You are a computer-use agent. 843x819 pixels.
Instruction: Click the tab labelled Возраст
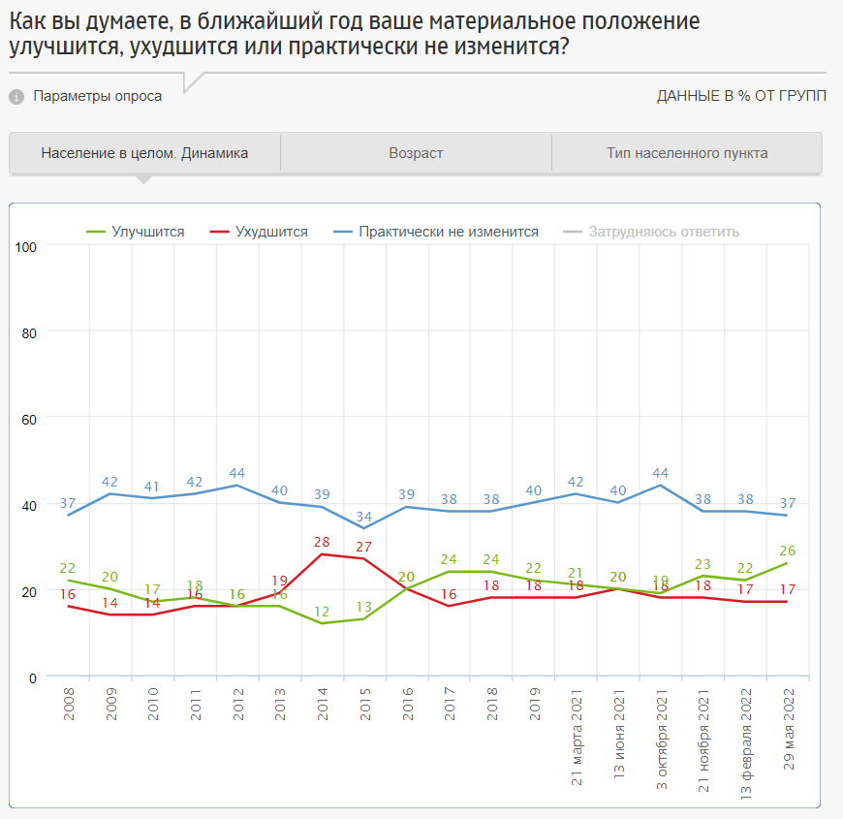point(416,153)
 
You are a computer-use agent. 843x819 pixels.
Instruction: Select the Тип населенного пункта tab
point(687,153)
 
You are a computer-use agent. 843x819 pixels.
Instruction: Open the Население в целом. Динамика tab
point(144,153)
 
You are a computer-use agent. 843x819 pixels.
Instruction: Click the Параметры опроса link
point(97,96)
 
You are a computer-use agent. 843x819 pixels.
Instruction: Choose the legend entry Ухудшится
point(271,232)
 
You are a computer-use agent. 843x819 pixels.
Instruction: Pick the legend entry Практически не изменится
point(448,232)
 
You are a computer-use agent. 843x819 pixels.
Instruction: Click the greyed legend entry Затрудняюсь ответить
point(664,232)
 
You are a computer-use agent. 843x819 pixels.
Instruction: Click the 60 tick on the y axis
point(29,419)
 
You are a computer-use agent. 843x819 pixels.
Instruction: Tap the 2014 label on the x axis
point(323,703)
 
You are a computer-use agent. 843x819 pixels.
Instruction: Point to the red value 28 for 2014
point(323,541)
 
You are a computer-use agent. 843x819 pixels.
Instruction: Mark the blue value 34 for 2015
point(365,516)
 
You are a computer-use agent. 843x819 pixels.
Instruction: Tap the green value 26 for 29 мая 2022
point(788,551)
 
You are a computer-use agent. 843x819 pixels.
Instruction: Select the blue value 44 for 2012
point(237,473)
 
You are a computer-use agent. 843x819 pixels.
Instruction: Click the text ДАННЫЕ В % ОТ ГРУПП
point(741,96)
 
